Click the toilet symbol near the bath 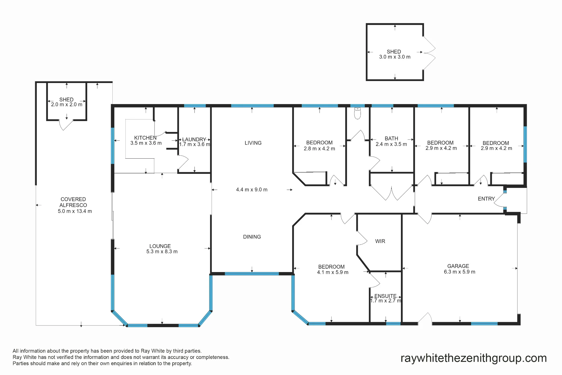[357, 113]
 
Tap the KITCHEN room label [145, 138]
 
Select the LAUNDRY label [194, 140]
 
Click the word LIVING [253, 143]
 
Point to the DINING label [252, 237]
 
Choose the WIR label [380, 241]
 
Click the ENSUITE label [385, 296]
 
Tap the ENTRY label [486, 199]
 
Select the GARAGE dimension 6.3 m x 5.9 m [459, 272]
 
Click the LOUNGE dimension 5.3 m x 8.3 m [162, 252]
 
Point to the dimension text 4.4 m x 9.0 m [252, 190]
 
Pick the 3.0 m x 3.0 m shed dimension [395, 57]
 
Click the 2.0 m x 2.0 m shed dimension [67, 105]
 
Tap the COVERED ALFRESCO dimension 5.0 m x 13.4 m [75, 211]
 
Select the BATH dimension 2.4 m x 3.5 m [391, 144]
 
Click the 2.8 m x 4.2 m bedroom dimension [319, 149]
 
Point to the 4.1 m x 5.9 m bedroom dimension [333, 272]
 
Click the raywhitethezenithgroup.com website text [473, 358]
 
